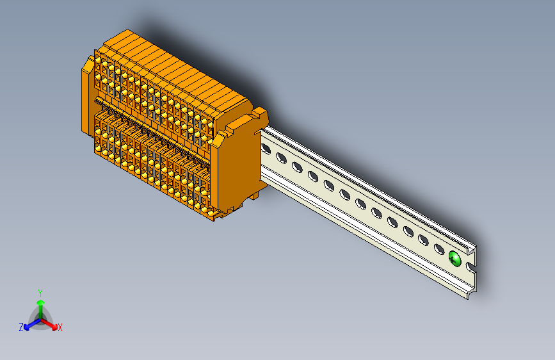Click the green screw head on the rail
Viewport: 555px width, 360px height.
click(x=455, y=259)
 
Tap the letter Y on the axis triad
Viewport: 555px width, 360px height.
click(x=40, y=293)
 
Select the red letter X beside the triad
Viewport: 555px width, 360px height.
click(x=60, y=327)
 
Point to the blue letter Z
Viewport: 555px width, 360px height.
click(x=21, y=327)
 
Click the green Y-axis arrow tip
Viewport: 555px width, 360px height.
click(x=41, y=302)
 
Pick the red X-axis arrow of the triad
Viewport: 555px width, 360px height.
click(x=49, y=323)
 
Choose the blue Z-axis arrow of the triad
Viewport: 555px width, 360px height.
click(x=33, y=324)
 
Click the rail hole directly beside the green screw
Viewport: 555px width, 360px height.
click(x=439, y=249)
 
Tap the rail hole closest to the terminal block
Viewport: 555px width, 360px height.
click(x=266, y=149)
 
